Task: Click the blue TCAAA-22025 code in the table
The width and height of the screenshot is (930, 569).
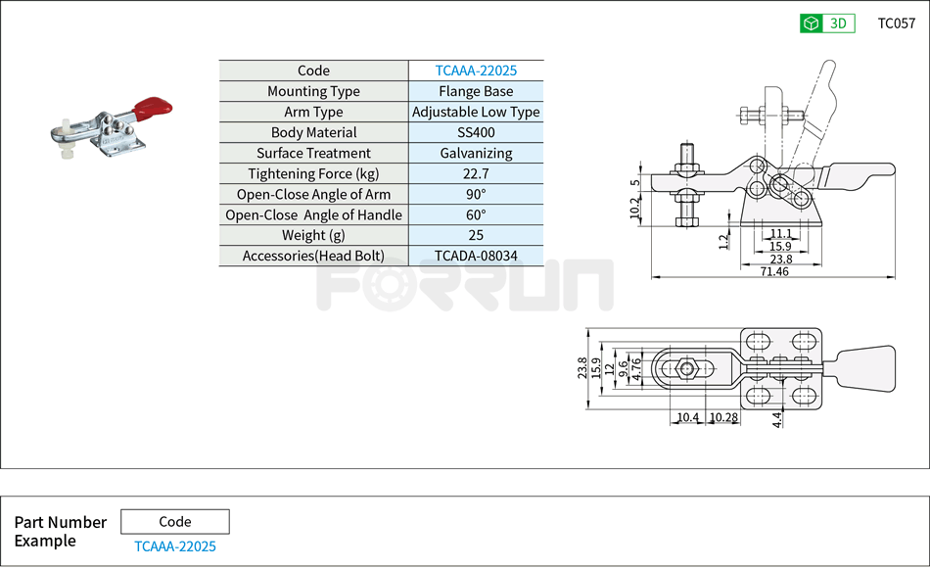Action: [x=476, y=71]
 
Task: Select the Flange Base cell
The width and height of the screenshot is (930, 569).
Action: [x=476, y=91]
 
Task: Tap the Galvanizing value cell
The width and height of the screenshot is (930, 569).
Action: [x=476, y=153]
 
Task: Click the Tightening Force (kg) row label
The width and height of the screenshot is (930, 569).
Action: [x=313, y=173]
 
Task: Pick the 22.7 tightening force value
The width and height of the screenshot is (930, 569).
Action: [x=476, y=173]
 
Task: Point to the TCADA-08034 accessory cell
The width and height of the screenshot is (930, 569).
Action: [x=476, y=256]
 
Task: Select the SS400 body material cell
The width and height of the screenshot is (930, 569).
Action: [x=476, y=132]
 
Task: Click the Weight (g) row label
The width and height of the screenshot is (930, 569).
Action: [x=313, y=235]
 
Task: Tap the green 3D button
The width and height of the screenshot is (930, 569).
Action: [x=827, y=24]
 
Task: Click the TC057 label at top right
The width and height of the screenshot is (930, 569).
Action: [x=896, y=24]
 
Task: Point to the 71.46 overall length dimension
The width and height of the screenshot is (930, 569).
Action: [x=772, y=271]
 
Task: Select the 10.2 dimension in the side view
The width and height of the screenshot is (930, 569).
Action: [x=634, y=207]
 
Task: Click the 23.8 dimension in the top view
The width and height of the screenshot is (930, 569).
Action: [x=583, y=368]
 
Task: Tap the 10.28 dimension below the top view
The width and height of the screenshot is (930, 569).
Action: [x=723, y=418]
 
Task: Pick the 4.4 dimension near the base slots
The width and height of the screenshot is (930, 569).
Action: [x=777, y=419]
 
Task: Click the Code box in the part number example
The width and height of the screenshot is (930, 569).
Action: [x=175, y=522]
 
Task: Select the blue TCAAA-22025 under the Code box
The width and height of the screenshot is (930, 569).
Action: [x=175, y=546]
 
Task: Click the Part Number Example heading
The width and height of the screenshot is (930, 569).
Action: [x=60, y=532]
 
